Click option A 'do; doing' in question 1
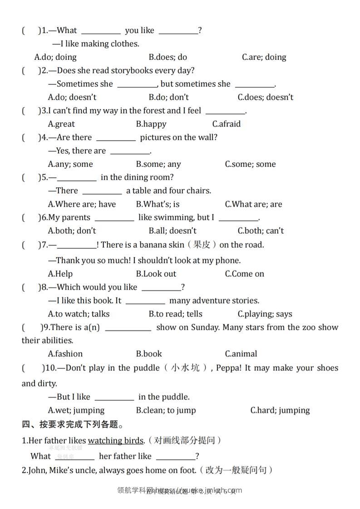[x=55, y=57]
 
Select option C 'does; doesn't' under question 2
[x=266, y=97]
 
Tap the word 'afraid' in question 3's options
[x=230, y=124]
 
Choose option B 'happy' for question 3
[x=151, y=124]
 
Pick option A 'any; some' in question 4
[x=70, y=164]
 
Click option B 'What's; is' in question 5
[x=158, y=204]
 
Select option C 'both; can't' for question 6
[x=261, y=230]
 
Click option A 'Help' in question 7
[x=60, y=274]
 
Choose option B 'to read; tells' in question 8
[x=175, y=314]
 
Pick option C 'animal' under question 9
[x=241, y=354]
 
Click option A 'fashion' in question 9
[x=65, y=354]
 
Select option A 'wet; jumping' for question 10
[x=76, y=410]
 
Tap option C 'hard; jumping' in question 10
[x=280, y=410]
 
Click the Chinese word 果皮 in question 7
[x=202, y=245]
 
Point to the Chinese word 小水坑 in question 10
[x=185, y=367]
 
